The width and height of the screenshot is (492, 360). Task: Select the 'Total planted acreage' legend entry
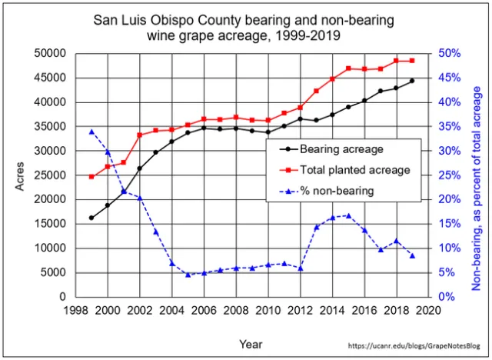(x=354, y=170)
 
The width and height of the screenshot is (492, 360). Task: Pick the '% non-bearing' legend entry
(x=337, y=190)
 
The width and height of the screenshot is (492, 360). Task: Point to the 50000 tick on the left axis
(x=49, y=54)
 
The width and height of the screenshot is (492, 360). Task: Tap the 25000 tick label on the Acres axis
(x=49, y=175)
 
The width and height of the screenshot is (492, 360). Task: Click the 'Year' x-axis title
(x=251, y=344)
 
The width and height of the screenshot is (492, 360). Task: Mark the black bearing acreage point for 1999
(x=91, y=218)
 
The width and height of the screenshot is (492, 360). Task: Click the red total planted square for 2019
(x=413, y=61)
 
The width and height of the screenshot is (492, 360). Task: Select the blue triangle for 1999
(x=91, y=132)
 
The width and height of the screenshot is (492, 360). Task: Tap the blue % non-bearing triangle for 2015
(x=348, y=215)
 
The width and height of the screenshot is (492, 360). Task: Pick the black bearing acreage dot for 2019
(x=413, y=81)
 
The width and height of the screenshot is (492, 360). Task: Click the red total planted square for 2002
(x=140, y=135)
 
